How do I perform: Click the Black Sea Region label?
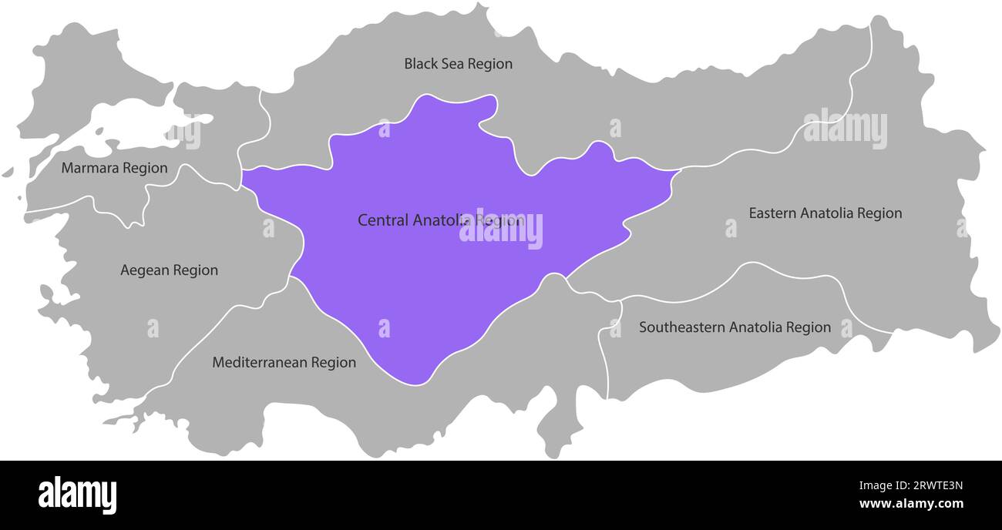click(x=458, y=64)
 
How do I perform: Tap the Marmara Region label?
click(x=114, y=168)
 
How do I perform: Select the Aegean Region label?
click(x=169, y=270)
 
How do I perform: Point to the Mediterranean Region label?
click(x=284, y=362)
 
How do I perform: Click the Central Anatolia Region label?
click(x=440, y=220)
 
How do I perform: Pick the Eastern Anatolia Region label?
click(x=825, y=213)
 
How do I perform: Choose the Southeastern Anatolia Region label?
click(x=735, y=327)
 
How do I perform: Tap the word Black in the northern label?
click(x=420, y=64)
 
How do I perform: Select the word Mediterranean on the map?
click(x=259, y=362)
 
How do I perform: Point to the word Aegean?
click(x=144, y=270)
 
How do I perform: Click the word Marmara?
click(x=89, y=168)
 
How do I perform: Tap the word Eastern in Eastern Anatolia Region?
click(x=773, y=213)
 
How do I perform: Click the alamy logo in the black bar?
click(x=77, y=495)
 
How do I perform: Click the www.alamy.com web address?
click(x=911, y=505)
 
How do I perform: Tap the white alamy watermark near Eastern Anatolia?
click(x=845, y=129)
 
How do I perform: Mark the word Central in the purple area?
click(x=383, y=220)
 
